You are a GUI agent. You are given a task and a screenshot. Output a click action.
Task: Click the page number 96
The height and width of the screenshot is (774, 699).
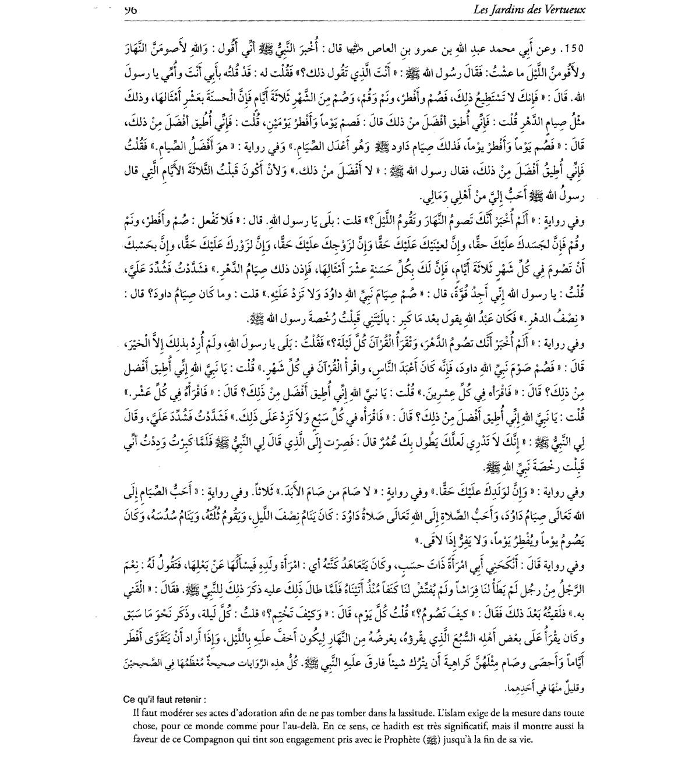click(x=130, y=9)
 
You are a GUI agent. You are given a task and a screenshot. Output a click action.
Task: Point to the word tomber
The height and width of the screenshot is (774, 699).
click(x=348, y=712)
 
